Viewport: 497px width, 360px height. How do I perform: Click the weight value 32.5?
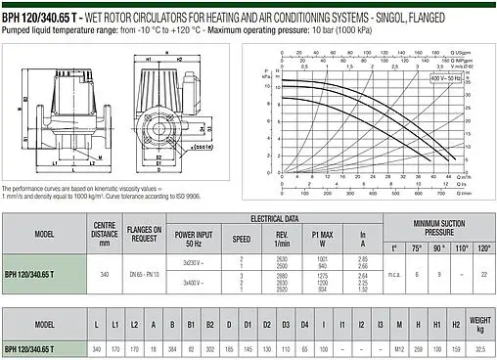click(x=479, y=348)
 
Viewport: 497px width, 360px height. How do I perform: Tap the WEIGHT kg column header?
click(x=479, y=323)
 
